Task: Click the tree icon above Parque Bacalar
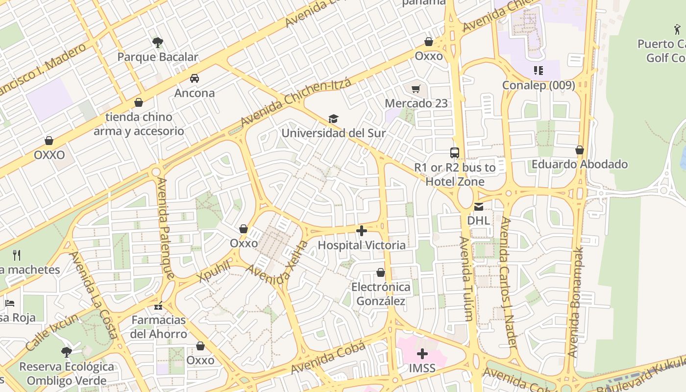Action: tap(158, 43)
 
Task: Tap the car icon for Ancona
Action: tap(195, 78)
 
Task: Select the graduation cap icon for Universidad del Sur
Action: tap(334, 119)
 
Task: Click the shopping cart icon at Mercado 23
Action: tap(416, 89)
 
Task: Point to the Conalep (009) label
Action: tap(539, 85)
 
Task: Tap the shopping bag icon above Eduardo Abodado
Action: tap(580, 150)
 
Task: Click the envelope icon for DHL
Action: tap(478, 206)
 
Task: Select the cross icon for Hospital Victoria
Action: tap(362, 231)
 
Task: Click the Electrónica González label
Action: tap(381, 294)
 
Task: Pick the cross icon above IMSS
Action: tap(422, 354)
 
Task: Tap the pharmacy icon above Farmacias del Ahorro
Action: tap(158, 306)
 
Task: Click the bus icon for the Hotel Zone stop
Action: tap(455, 153)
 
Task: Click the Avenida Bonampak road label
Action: tap(576, 302)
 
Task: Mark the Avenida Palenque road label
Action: tap(165, 228)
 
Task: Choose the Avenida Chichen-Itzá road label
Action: tap(296, 101)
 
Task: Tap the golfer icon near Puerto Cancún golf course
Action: tap(677, 29)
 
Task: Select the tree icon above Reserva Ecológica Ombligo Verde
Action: tap(67, 352)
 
